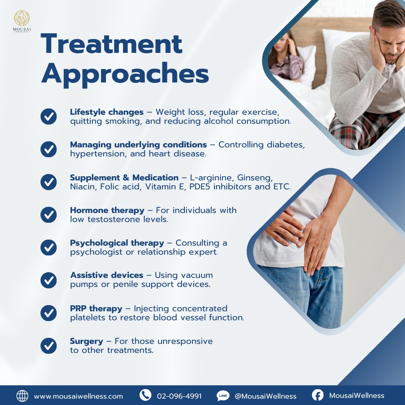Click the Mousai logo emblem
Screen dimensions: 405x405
point(22,18)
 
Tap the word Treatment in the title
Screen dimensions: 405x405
point(112,44)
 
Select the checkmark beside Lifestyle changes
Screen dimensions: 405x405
point(48,117)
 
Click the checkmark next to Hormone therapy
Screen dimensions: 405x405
point(48,214)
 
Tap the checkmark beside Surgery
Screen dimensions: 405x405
point(48,346)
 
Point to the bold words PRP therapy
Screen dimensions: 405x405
point(96,309)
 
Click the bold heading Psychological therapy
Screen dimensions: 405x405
point(117,243)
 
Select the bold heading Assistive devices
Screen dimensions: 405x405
point(106,275)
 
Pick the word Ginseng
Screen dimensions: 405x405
point(255,178)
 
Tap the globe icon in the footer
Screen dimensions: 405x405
point(22,396)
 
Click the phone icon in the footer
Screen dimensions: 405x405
point(145,395)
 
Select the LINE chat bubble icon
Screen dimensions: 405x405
point(223,396)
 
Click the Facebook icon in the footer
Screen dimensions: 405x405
point(318,395)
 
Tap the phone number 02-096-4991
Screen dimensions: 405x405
point(179,396)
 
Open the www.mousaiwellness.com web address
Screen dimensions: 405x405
point(78,396)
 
